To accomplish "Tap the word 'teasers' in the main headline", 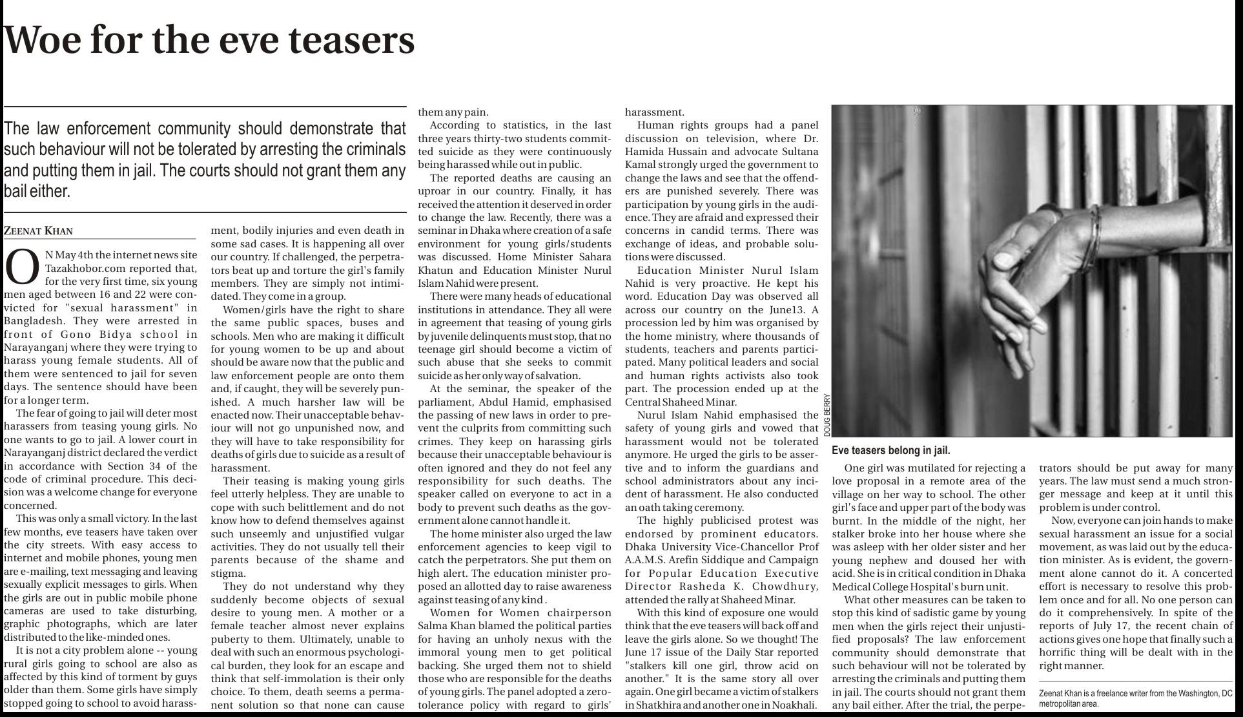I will click(351, 40).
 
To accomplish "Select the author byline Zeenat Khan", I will click(38, 231).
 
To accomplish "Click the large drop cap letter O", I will click(22, 268).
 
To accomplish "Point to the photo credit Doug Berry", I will click(827, 414).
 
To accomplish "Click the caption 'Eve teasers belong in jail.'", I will click(890, 451).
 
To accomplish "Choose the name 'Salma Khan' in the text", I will click(444, 626).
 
